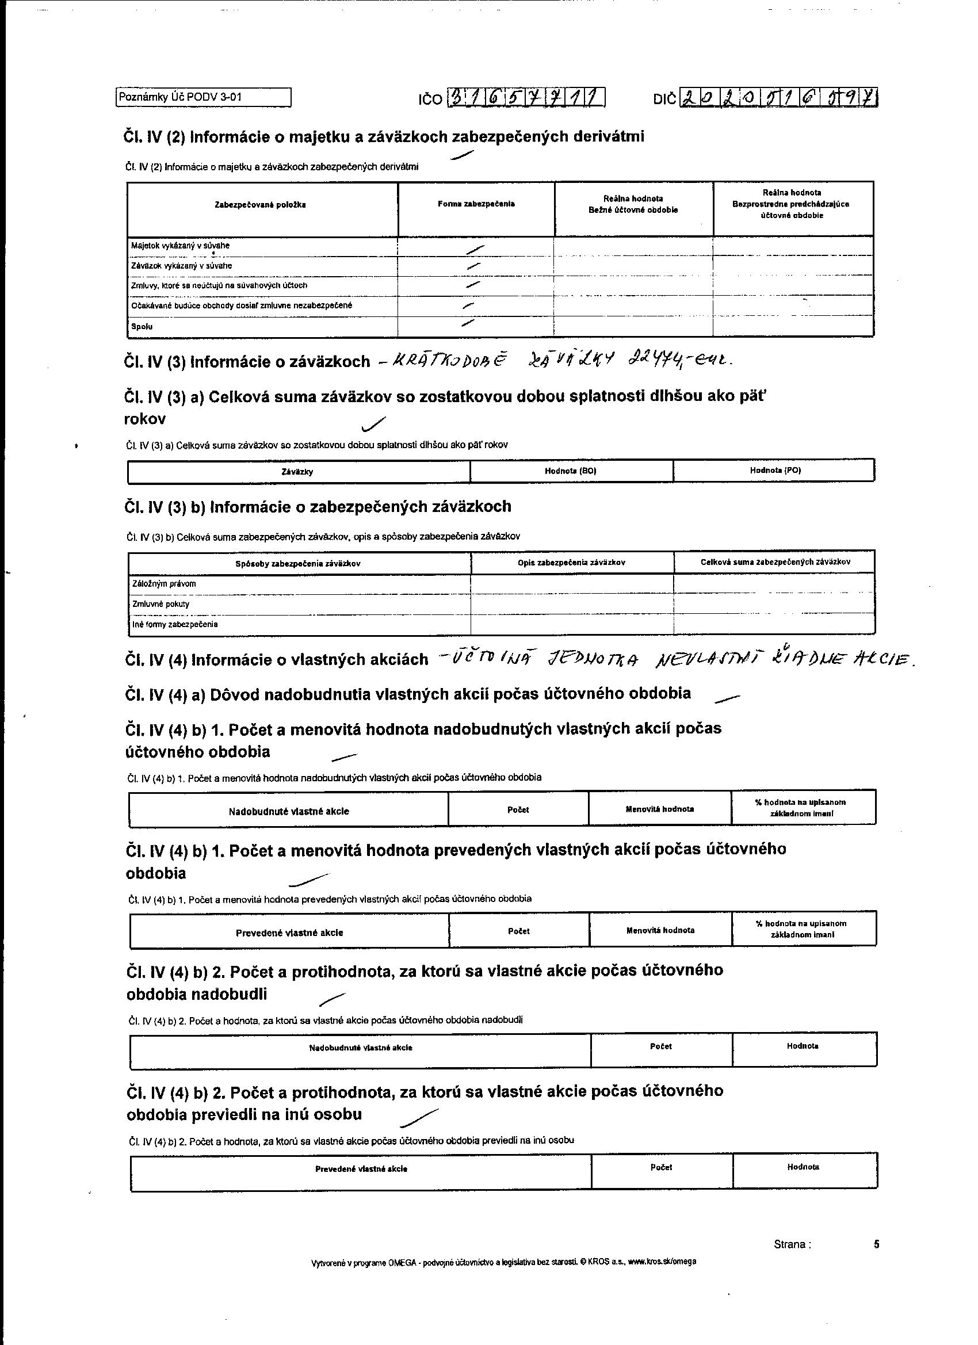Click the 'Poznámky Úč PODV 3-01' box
click(x=203, y=97)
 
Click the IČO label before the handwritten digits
click(x=430, y=99)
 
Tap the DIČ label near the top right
click(x=664, y=99)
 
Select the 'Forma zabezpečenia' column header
click(x=476, y=204)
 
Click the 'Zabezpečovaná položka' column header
click(x=261, y=205)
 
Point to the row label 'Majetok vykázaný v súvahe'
click(x=180, y=246)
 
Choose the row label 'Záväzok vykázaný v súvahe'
click(x=181, y=266)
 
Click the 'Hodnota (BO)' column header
click(x=571, y=471)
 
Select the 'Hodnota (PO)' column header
click(x=775, y=470)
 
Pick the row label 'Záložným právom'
click(x=165, y=584)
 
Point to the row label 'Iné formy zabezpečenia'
click(x=175, y=625)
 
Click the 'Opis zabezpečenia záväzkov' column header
click(x=571, y=562)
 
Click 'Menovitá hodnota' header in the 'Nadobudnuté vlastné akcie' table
click(x=659, y=809)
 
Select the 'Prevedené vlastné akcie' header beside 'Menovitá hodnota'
click(x=289, y=933)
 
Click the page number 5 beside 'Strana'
click(x=877, y=1244)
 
